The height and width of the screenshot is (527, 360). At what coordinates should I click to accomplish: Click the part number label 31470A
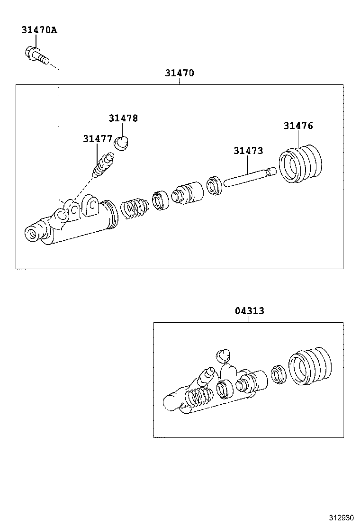[x=39, y=30]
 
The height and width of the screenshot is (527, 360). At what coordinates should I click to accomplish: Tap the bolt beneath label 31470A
[x=36, y=55]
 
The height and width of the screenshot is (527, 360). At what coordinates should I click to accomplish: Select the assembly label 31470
[x=180, y=73]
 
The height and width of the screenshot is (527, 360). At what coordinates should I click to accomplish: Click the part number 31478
[x=123, y=118]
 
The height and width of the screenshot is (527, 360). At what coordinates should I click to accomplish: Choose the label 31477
[x=97, y=139]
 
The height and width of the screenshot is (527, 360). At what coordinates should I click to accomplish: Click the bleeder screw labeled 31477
[x=104, y=164]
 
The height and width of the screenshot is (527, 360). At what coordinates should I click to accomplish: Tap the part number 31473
[x=248, y=151]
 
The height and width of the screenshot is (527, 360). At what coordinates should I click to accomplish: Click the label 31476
[x=298, y=126]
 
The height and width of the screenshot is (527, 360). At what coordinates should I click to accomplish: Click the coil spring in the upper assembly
[x=135, y=209]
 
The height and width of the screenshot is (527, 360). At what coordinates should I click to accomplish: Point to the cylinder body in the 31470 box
[x=71, y=223]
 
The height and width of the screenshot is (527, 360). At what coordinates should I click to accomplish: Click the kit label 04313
[x=249, y=311]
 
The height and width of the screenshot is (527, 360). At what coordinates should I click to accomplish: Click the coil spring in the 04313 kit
[x=198, y=397]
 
